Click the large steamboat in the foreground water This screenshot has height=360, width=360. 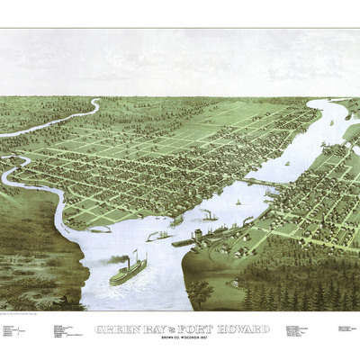[129, 271]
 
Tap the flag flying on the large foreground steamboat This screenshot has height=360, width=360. [134, 253]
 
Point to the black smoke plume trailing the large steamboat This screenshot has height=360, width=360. [112, 260]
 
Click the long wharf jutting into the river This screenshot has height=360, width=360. [184, 242]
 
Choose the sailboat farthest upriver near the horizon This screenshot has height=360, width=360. [331, 122]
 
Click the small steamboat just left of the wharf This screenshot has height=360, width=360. [159, 237]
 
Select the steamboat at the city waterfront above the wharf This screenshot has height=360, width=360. [208, 216]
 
